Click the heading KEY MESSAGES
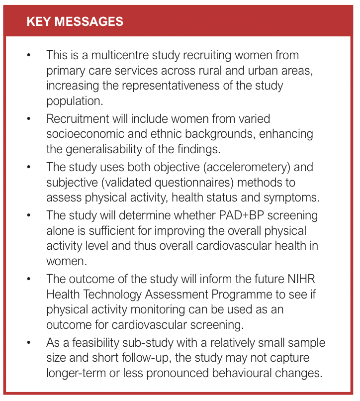click(x=75, y=22)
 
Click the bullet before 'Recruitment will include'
click(x=29, y=119)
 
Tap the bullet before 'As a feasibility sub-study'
click(x=29, y=343)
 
